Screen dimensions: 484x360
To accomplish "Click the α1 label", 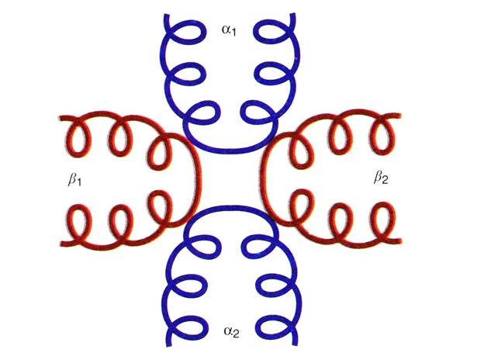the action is (229, 30).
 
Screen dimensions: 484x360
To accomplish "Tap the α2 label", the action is (231, 331).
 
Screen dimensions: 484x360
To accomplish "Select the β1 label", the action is (74, 180).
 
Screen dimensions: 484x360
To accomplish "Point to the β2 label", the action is (381, 178).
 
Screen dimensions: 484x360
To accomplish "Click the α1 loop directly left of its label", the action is (188, 32).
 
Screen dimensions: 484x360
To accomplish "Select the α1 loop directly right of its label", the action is (271, 32).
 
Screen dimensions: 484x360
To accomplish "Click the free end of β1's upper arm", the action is (60, 118).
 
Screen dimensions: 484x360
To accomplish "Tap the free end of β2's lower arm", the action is (400, 241).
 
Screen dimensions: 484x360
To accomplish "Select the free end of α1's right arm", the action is (292, 15).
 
